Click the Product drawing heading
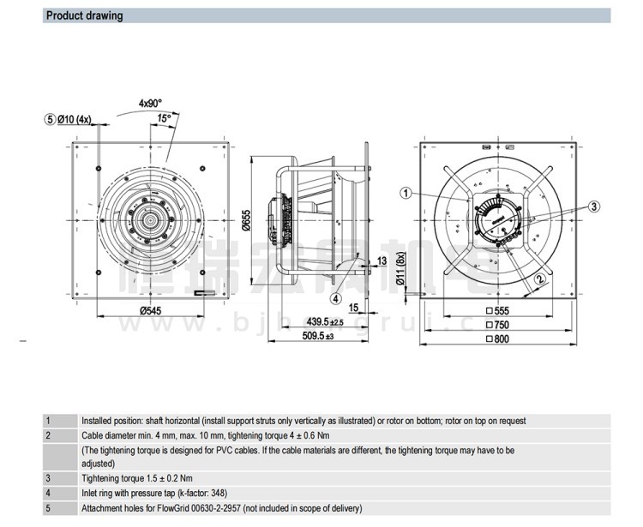[84, 15]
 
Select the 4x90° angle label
[152, 103]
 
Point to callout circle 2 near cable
[539, 278]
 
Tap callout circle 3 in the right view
[593, 206]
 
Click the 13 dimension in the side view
[382, 260]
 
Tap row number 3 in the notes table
[48, 477]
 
